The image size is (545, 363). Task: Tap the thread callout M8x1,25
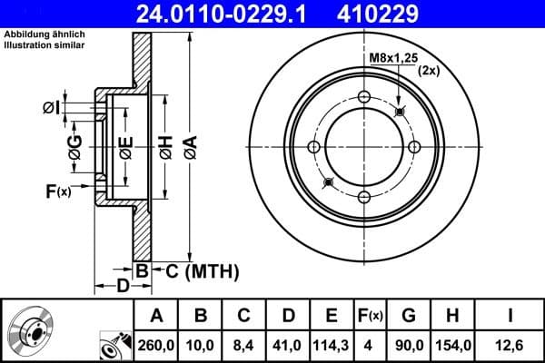point(393,58)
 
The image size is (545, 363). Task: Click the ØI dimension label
point(53,109)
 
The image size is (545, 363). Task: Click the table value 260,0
point(156,344)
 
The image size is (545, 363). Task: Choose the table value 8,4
point(243,344)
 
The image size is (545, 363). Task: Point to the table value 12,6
point(510,344)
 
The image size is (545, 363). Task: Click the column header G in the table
point(409,316)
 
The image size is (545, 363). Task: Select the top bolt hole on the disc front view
point(364,98)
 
